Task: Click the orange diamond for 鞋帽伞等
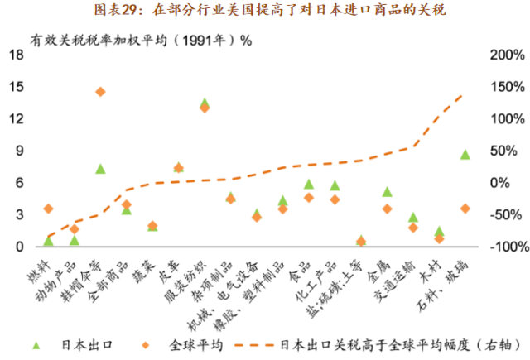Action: tap(100, 92)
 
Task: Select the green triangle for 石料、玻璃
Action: tap(465, 155)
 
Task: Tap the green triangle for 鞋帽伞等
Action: tap(100, 169)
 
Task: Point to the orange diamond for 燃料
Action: tap(48, 209)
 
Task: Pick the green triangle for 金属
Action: tap(387, 192)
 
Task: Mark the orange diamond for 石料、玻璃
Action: tap(465, 209)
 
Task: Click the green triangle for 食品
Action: tap(309, 185)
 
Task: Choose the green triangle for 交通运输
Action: tap(413, 218)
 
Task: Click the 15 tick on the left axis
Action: tap(16, 87)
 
